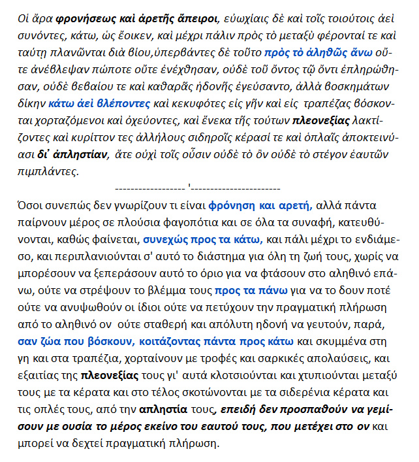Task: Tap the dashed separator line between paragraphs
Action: click(x=197, y=188)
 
